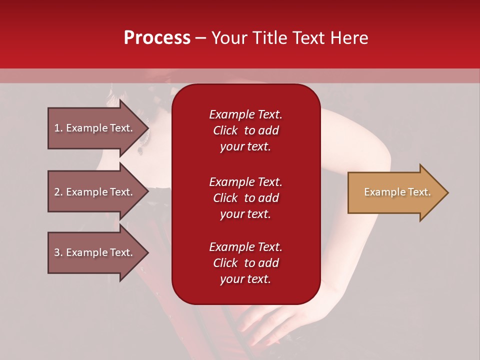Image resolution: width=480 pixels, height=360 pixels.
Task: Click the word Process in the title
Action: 157,38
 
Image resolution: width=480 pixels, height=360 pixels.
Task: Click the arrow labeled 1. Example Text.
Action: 98,128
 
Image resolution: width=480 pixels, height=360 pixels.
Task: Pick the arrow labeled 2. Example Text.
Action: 98,191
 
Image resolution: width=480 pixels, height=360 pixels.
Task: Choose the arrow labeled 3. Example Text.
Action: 98,252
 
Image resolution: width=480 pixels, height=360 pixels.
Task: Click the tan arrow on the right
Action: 398,192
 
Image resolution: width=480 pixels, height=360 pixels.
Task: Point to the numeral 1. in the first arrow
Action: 58,128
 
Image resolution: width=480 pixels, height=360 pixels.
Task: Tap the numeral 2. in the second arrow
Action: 58,192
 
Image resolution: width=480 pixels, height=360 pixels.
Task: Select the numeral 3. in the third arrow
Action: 58,252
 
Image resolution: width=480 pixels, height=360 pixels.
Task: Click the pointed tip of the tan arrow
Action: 448,192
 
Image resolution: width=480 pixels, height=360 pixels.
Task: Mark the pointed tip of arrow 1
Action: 149,128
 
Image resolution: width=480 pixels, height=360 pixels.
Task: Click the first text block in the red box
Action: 246,130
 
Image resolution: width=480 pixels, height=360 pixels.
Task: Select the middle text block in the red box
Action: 246,198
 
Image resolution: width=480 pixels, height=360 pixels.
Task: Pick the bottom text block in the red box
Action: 246,262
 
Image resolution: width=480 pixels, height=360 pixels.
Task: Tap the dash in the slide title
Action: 200,38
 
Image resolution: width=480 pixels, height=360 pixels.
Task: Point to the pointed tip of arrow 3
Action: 149,252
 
